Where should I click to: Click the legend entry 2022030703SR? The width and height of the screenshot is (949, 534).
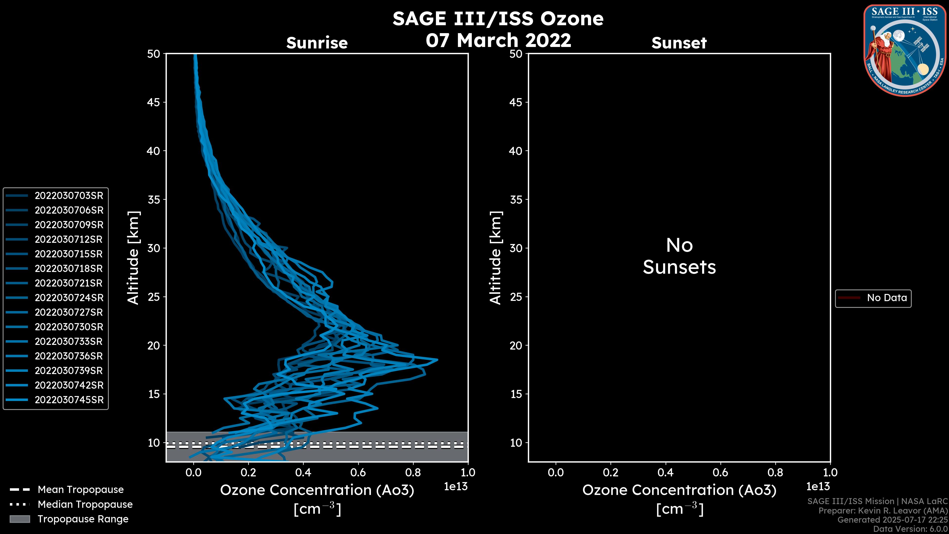point(69,196)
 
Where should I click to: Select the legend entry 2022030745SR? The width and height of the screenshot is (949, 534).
point(69,400)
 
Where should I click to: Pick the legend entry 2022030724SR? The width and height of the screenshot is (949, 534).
point(69,298)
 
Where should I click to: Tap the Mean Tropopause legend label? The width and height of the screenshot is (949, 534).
point(81,490)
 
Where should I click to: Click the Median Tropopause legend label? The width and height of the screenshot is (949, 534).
point(85,505)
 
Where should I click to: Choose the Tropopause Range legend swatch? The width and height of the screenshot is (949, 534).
point(20,519)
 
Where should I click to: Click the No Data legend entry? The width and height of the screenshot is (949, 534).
point(886,298)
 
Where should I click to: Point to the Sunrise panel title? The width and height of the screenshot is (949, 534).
point(317,43)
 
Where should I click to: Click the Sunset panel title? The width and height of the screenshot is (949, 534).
point(679,43)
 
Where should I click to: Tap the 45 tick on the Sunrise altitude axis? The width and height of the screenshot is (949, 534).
point(154,102)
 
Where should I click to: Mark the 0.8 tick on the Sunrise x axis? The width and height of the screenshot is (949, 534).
point(413,472)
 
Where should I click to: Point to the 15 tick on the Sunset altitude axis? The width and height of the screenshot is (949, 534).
point(516,394)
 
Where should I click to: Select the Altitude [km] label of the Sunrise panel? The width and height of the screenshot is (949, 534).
point(133,258)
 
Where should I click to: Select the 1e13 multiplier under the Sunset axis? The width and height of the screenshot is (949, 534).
point(818,487)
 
